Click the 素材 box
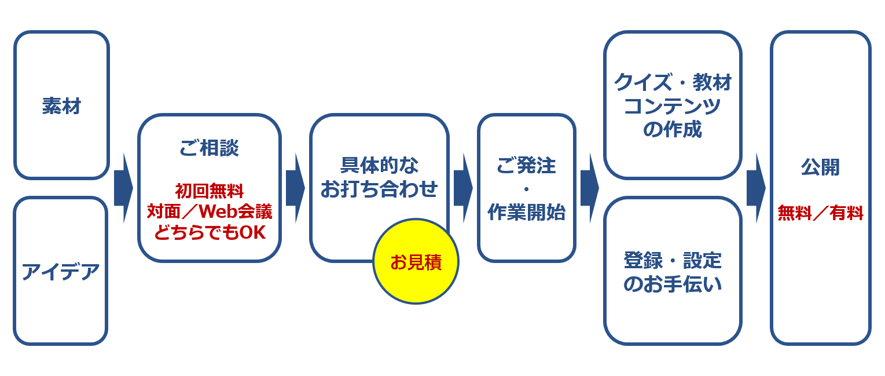tap(61, 105)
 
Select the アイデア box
tap(60, 271)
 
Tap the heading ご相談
tap(209, 148)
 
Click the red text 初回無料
tap(209, 191)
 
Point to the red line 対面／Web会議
tap(209, 211)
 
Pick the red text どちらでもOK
tap(209, 232)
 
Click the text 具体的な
tap(379, 165)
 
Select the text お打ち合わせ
tap(379, 189)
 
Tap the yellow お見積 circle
tap(416, 262)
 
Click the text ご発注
tap(526, 166)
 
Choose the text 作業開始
tap(526, 212)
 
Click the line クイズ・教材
tap(673, 83)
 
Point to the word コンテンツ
tap(673, 107)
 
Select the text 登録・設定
tap(673, 261)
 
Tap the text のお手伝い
tap(673, 284)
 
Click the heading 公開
tap(820, 167)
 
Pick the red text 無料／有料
tap(820, 213)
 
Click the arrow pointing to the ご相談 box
tap(123, 188)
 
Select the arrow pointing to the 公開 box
tap(755, 188)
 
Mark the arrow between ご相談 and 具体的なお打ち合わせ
tap(295, 188)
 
